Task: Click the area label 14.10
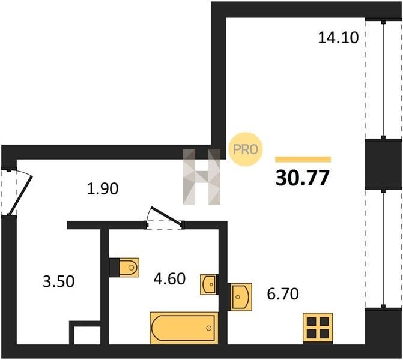[x=338, y=37]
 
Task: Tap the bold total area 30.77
[x=302, y=178]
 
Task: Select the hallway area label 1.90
[x=103, y=188]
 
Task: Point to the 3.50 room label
[x=59, y=281]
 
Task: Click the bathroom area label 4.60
[x=169, y=278]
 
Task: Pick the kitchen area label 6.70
[x=283, y=294]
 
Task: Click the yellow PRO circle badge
[x=245, y=149]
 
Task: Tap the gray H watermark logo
[x=202, y=177]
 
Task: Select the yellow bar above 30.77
[x=303, y=160]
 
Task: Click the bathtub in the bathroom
[x=184, y=328]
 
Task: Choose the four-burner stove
[x=318, y=328]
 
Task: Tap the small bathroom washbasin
[x=208, y=284]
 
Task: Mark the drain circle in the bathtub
[x=208, y=328]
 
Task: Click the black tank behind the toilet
[x=114, y=268]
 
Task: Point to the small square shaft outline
[x=85, y=333]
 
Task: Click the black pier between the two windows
[x=383, y=163]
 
